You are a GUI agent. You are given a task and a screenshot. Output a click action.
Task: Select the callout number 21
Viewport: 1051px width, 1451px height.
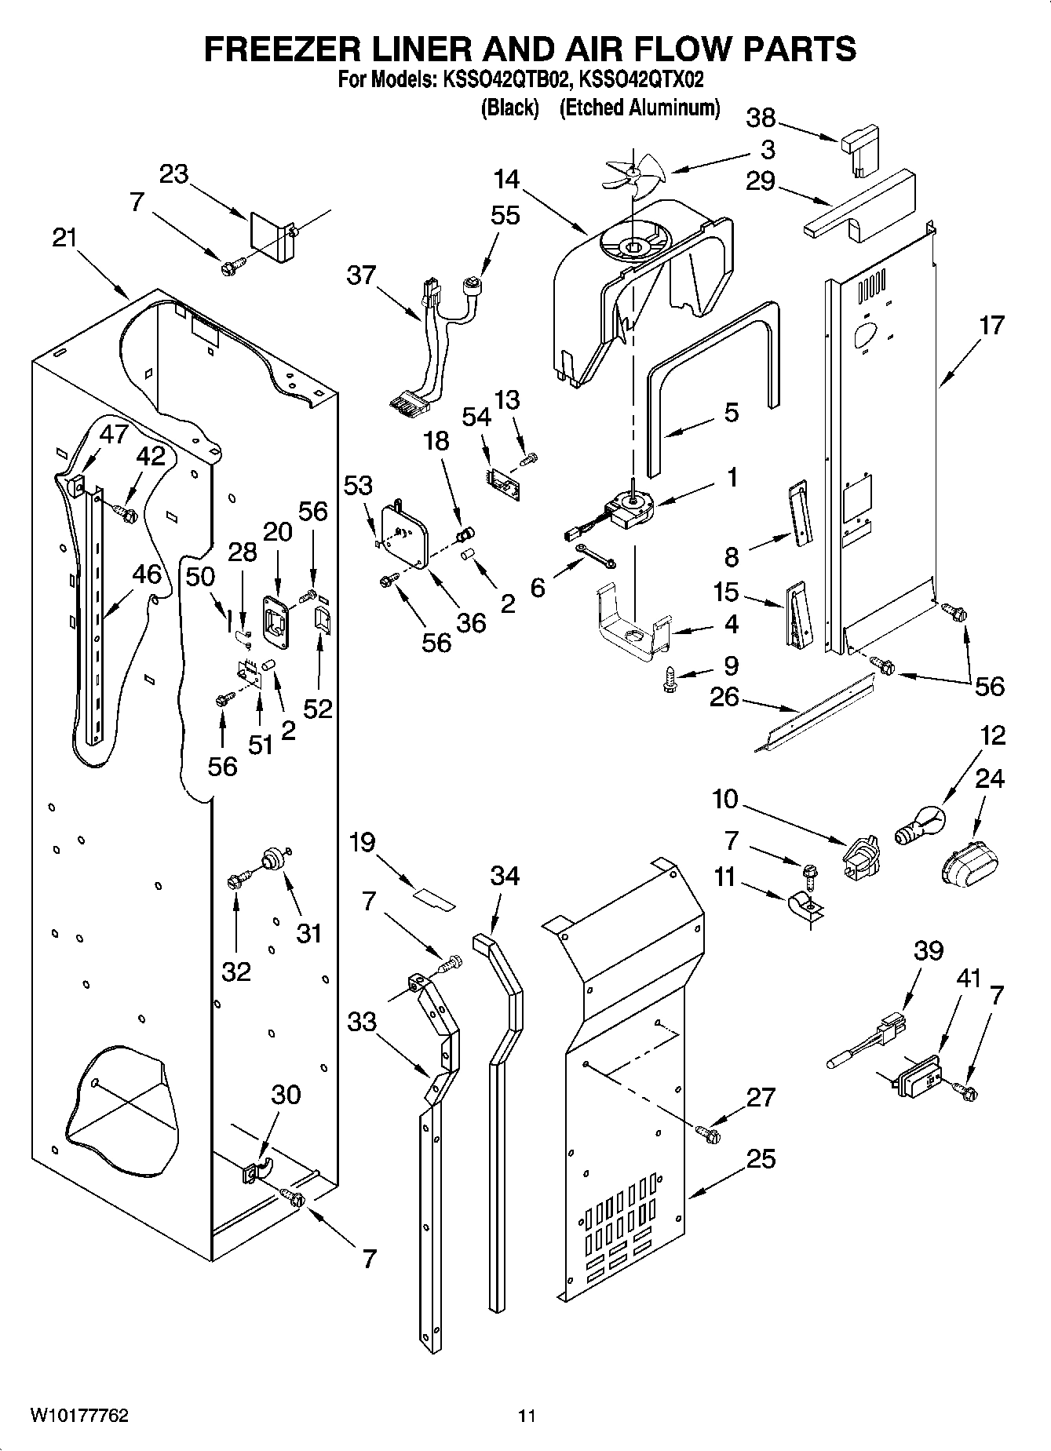click(x=64, y=236)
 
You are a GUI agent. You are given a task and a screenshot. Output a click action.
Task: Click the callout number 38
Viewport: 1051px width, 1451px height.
click(x=761, y=118)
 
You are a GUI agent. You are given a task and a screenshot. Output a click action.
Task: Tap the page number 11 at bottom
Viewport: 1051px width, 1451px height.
click(x=526, y=1416)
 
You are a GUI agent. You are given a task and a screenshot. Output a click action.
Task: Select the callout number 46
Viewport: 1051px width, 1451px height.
click(x=146, y=574)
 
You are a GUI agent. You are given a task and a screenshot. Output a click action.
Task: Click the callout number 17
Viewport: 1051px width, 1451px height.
click(x=991, y=324)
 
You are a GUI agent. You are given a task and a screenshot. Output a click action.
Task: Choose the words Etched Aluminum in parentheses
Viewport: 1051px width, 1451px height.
click(x=639, y=108)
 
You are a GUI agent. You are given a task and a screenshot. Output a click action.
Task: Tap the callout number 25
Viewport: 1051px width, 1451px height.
click(x=761, y=1158)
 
